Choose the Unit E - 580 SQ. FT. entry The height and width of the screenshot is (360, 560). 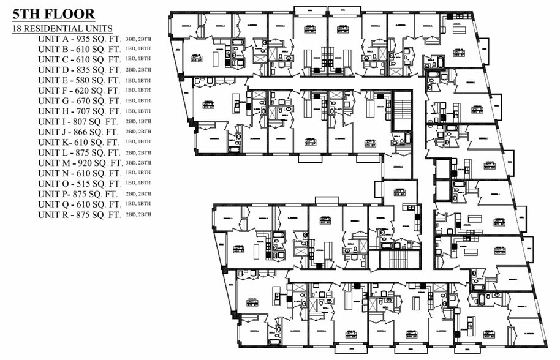pos(78,80)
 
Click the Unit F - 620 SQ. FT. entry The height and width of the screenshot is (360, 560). pos(78,91)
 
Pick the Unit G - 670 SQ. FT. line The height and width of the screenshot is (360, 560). pos(78,101)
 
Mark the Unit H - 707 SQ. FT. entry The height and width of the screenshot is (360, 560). pos(78,111)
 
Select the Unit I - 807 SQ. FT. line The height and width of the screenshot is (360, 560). pos(78,122)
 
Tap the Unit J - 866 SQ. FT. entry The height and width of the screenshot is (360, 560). pos(78,132)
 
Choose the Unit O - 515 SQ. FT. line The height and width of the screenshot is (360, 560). pos(78,184)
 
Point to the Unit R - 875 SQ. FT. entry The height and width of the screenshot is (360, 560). pos(78,215)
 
